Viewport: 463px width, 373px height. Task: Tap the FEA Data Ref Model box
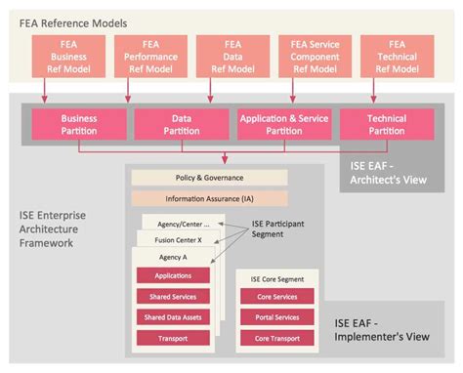pos(231,57)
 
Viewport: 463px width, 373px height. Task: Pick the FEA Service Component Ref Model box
pos(315,57)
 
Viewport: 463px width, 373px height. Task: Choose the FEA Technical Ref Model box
pos(397,57)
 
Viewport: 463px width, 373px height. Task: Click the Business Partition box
pos(79,124)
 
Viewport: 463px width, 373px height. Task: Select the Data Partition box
pos(181,124)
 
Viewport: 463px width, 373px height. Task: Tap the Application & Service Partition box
pos(283,124)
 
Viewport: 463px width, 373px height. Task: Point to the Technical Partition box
pos(387,124)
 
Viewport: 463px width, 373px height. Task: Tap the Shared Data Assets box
pos(173,318)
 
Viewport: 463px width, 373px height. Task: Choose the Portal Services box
pos(277,318)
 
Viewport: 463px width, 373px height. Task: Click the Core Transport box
pos(277,339)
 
